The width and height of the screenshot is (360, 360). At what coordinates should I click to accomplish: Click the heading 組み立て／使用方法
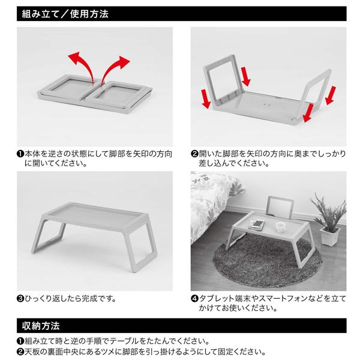coord(65,14)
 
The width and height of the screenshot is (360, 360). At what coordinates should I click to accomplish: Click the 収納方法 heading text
coord(41,326)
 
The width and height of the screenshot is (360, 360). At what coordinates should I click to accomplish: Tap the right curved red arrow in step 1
coord(115,70)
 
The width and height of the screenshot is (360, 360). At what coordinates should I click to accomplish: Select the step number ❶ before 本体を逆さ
coord(20,154)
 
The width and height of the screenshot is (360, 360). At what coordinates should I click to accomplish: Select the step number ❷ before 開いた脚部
coord(194,154)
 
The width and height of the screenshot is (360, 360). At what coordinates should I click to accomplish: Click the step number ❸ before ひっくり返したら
coord(20,299)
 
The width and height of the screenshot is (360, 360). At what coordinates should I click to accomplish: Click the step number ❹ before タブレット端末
coord(194,299)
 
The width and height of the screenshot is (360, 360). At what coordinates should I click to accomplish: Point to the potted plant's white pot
coord(329,236)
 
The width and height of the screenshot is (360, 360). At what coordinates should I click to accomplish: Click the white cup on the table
coord(281,227)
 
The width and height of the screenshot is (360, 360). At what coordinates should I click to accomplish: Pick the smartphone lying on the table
coord(257,224)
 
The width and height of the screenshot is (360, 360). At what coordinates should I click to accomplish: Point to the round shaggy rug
coord(267,261)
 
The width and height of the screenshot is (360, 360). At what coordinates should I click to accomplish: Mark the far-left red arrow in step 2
coord(206,99)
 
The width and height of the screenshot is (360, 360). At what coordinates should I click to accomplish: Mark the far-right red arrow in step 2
coord(331,95)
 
